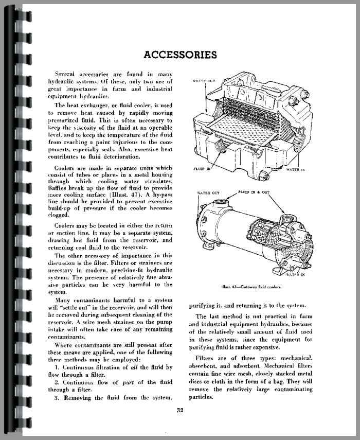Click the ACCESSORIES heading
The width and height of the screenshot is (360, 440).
[180, 55]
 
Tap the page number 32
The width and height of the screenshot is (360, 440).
[180, 410]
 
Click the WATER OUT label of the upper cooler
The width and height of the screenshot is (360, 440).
[204, 81]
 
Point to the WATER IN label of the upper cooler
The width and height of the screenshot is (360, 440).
[296, 169]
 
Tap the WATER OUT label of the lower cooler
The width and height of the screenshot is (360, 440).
[209, 193]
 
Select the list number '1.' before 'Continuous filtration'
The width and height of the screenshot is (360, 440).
[58, 367]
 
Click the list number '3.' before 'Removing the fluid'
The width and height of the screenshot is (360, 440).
[58, 397]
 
